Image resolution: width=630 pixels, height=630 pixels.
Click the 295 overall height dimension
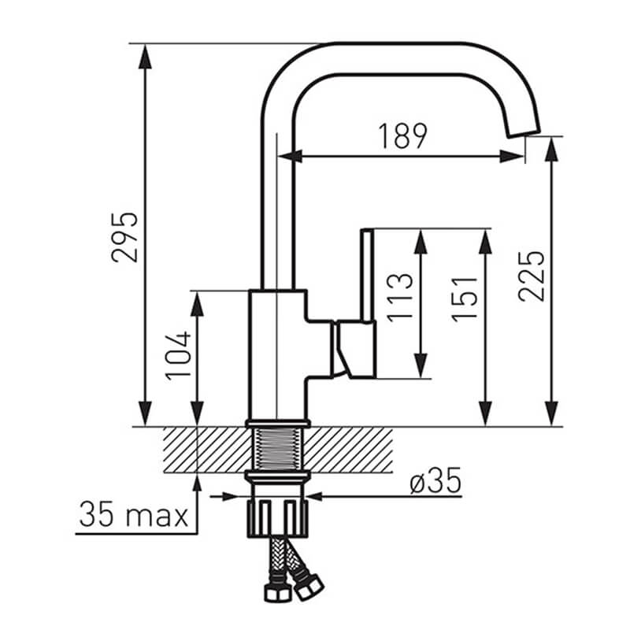tap(124, 237)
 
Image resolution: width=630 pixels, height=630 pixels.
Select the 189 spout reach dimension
tap(403, 136)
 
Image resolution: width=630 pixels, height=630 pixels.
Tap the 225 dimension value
tap(531, 276)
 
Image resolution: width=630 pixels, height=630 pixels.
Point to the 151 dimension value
tap(465, 299)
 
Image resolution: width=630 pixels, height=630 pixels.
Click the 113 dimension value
tap(400, 298)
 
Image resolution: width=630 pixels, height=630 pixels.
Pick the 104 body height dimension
tap(178, 356)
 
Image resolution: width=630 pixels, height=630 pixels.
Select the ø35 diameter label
tap(435, 480)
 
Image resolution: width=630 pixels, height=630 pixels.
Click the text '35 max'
tap(134, 515)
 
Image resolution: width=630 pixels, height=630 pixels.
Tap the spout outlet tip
tap(524, 135)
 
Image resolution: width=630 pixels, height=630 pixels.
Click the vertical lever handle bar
tap(367, 275)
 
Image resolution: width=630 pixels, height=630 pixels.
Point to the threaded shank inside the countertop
tap(277, 449)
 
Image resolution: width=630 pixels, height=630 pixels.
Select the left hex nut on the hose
tap(278, 593)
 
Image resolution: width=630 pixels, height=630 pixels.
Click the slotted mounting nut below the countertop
tap(277, 518)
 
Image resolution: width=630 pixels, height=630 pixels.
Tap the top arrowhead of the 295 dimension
tap(145, 57)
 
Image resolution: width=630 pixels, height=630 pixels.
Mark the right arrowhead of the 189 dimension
tap(512, 156)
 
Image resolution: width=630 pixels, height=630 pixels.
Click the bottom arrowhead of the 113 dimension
tap(421, 365)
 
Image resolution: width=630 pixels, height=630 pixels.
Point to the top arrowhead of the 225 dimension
tap(553, 150)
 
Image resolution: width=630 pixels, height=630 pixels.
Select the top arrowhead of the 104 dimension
tap(197, 304)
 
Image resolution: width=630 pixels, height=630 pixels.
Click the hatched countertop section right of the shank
tap(348, 449)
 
